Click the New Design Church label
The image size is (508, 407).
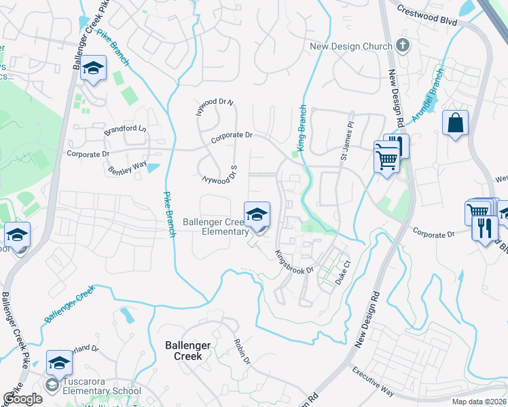click(350, 46)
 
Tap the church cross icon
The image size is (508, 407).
click(403, 46)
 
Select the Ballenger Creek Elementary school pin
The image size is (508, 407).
click(257, 216)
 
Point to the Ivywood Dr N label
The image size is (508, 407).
click(215, 107)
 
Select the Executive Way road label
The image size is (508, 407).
click(373, 381)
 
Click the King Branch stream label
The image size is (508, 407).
click(301, 128)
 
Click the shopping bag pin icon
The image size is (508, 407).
click(454, 123)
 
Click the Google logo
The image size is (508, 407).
click(22, 399)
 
